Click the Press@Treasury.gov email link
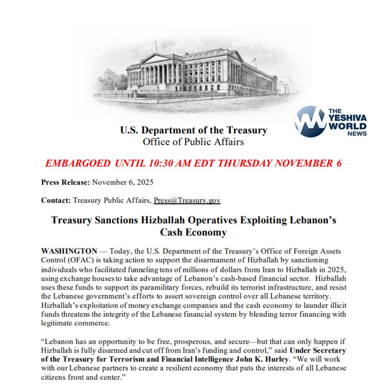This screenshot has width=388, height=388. pos(187,200)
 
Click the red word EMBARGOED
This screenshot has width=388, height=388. pos(77,163)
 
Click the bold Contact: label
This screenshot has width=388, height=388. pos(56,200)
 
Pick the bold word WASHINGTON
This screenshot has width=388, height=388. pos(69,251)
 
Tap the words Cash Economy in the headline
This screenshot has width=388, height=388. pos(193,232)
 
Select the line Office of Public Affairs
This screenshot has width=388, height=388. pos(193,142)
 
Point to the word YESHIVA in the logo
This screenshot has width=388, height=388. pos(348,118)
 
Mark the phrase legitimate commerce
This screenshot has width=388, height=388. pos(75,323)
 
